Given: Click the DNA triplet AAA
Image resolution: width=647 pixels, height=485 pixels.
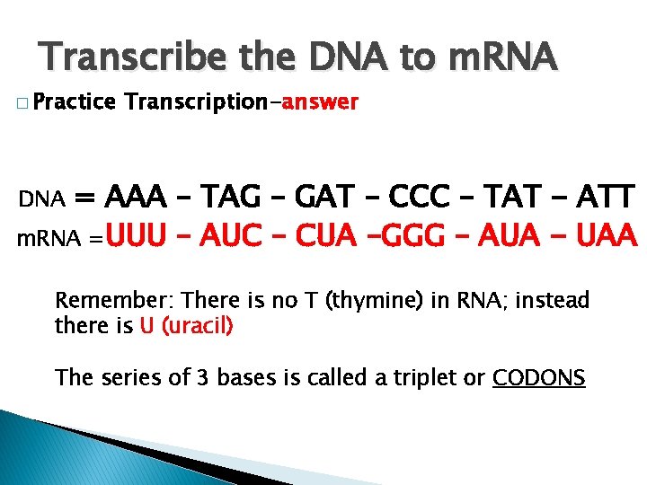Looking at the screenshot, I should point(135,196).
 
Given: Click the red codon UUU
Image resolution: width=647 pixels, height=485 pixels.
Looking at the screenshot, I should point(137,237).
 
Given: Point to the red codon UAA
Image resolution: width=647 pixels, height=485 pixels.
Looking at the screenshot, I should point(606,237).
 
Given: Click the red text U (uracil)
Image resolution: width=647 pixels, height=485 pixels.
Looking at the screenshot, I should point(187,325).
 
